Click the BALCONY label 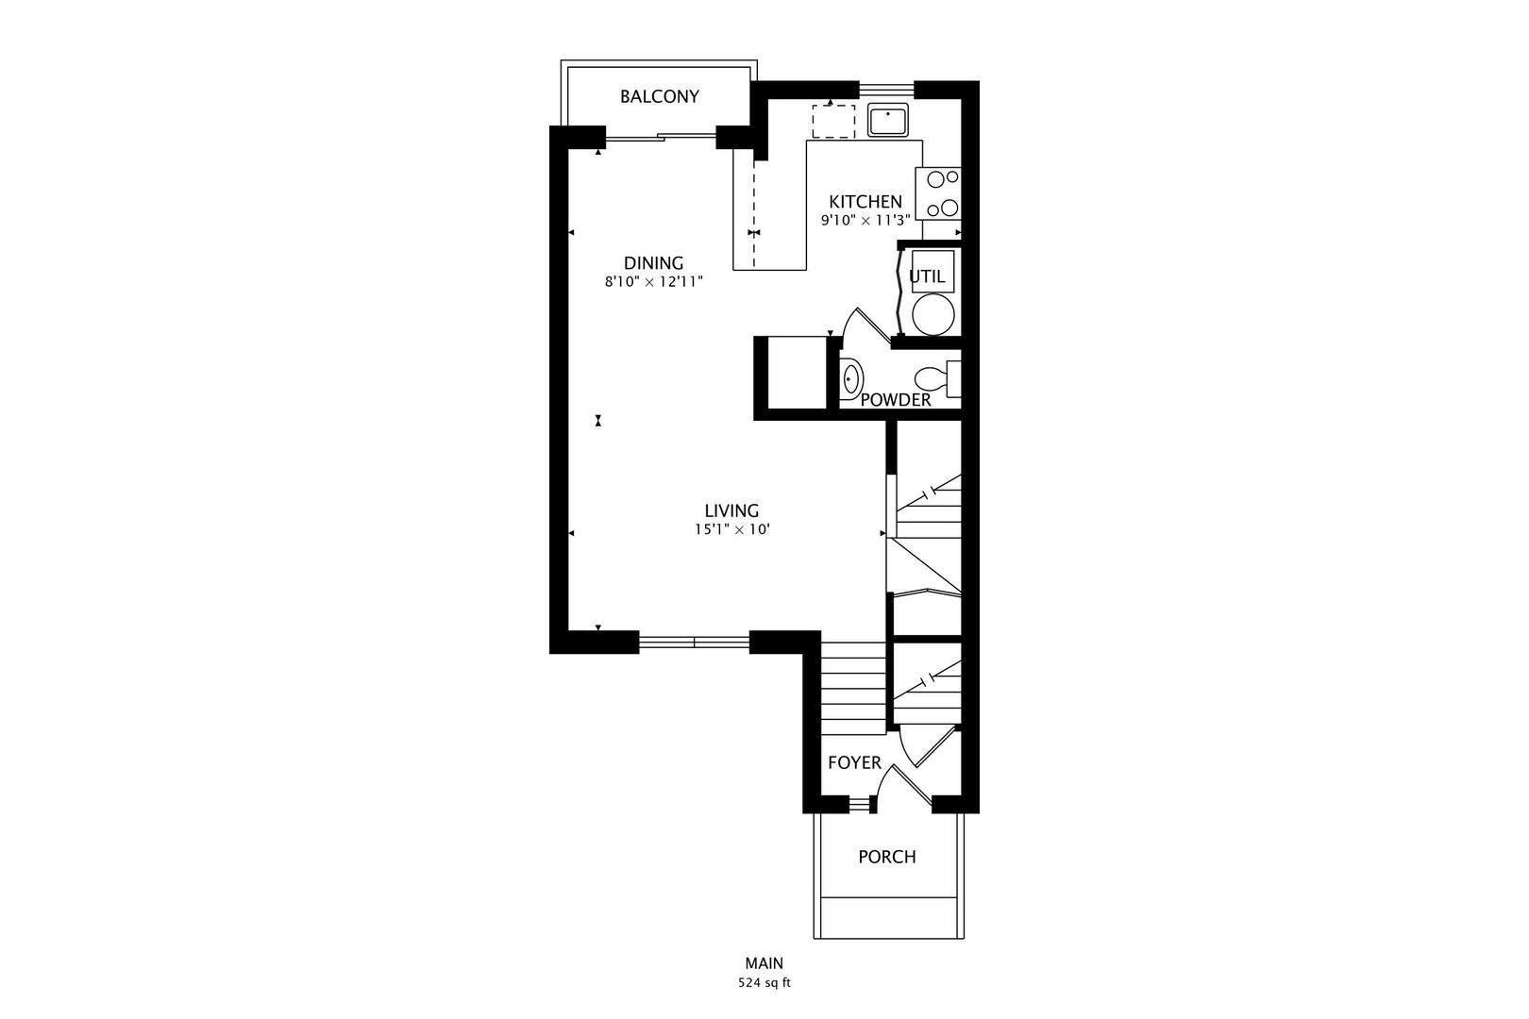(660, 96)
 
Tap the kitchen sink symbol (887, 121)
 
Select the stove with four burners (940, 193)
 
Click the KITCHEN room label (865, 201)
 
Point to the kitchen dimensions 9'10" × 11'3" (865, 220)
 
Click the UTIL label (926, 276)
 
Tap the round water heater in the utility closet (933, 314)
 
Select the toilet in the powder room (934, 379)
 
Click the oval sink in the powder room (851, 379)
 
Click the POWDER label (896, 400)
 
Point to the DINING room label (653, 262)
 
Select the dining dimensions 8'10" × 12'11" (653, 281)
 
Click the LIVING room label (731, 510)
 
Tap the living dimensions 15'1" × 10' (731, 530)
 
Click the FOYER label (854, 762)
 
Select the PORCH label (886, 857)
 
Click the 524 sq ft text (764, 982)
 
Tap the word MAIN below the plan (764, 963)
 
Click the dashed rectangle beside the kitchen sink (833, 122)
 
